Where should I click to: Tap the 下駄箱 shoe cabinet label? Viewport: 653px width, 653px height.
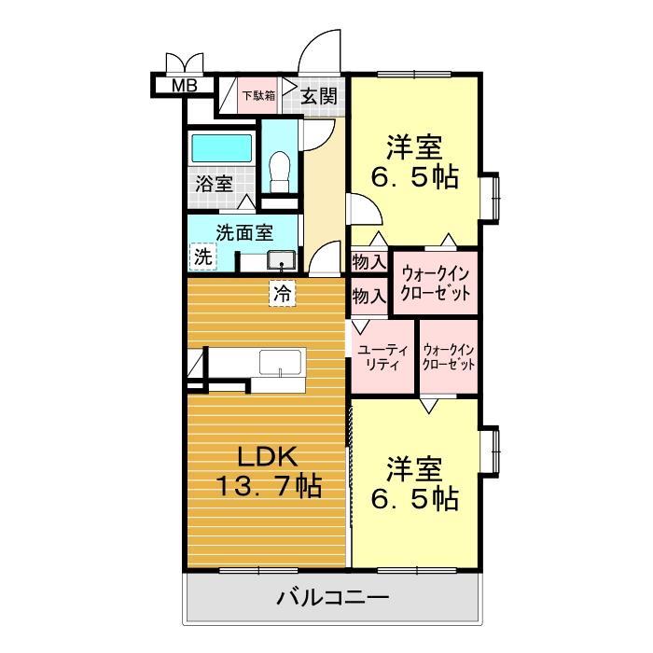click(259, 94)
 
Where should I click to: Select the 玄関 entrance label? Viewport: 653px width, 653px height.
click(319, 94)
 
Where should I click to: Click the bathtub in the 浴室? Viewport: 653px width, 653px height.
click(221, 149)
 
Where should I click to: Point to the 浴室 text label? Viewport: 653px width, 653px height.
click(214, 184)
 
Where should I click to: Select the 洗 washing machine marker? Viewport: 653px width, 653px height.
click(201, 255)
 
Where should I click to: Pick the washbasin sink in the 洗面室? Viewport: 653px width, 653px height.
click(281, 258)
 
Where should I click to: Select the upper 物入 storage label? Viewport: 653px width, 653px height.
click(368, 261)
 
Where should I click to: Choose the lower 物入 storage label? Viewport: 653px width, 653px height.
click(368, 297)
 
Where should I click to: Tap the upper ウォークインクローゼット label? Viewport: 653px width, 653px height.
click(435, 282)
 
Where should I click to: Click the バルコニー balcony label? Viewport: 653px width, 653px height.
click(331, 597)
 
